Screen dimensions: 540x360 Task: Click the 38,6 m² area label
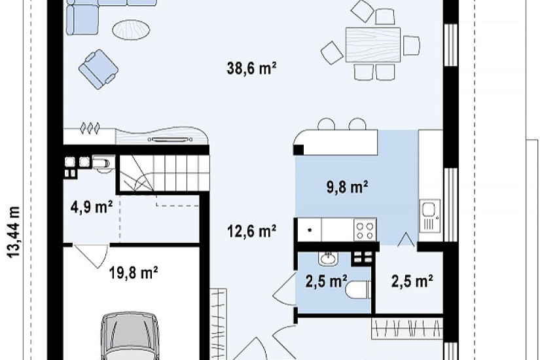251,68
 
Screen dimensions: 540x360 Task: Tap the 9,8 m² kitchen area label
347,188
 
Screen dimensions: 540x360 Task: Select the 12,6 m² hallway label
251,231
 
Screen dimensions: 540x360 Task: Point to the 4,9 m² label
91,207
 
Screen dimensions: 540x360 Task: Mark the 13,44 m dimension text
14,232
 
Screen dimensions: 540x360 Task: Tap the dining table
373,45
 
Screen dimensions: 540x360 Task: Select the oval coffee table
131,30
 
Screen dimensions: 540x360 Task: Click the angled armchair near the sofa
98,69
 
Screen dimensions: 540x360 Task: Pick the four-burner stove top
365,230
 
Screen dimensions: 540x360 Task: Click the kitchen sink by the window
430,215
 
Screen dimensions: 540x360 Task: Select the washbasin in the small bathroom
328,258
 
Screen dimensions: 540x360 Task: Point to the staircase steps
164,172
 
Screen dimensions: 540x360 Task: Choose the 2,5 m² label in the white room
412,281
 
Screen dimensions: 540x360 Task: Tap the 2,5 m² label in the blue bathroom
326,281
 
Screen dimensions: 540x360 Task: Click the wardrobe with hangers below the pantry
407,328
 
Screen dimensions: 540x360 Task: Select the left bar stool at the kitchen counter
326,124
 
